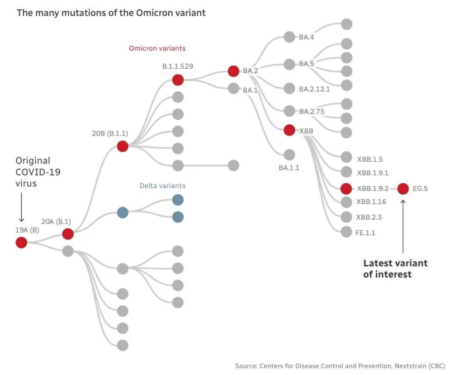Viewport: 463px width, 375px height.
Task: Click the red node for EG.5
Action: (x=403, y=188)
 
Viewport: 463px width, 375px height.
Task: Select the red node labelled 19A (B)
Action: (x=21, y=243)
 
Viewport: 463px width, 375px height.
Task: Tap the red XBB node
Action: (x=289, y=130)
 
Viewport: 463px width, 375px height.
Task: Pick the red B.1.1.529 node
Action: (x=178, y=80)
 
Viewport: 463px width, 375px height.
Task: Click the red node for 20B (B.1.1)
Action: (x=123, y=146)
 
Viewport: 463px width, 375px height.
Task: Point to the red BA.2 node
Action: (x=233, y=71)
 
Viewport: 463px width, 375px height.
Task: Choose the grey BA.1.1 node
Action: (x=289, y=155)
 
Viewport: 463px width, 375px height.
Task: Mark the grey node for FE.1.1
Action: (x=346, y=232)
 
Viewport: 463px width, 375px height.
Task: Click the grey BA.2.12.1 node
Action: (x=289, y=88)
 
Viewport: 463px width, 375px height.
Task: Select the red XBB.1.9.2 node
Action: (x=346, y=188)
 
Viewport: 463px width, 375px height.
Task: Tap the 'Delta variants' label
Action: (x=162, y=186)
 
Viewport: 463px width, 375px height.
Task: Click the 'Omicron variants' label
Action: (x=157, y=48)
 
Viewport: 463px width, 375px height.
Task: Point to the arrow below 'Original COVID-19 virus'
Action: (x=21, y=207)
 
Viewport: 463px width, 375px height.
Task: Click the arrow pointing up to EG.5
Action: (x=403, y=226)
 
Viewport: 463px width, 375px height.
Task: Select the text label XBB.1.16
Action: (x=371, y=202)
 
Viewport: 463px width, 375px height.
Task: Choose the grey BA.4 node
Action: (x=289, y=37)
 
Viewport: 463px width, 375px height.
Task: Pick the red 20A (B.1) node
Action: (x=68, y=234)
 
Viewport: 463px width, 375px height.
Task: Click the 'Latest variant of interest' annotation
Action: (x=395, y=268)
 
